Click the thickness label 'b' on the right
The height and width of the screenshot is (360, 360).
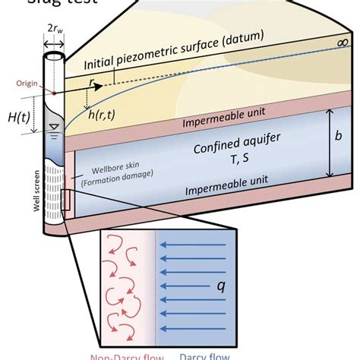pos(341,143)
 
